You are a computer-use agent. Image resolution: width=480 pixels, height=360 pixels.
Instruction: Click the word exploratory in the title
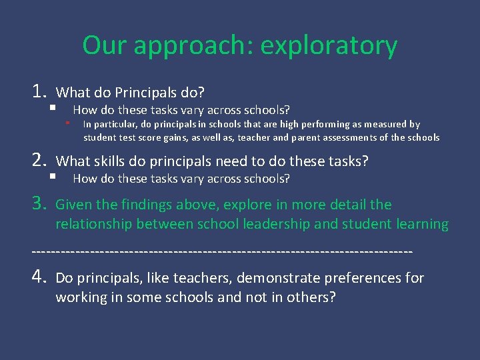(329, 47)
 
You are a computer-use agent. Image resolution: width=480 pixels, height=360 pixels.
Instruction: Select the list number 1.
(37, 91)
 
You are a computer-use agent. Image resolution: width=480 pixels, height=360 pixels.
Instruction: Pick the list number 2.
(37, 161)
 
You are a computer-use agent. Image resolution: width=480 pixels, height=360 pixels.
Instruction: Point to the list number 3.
(37, 204)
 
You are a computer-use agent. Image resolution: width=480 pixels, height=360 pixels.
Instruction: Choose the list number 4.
(37, 277)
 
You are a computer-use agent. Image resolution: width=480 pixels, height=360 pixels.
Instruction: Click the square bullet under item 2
(52, 177)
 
